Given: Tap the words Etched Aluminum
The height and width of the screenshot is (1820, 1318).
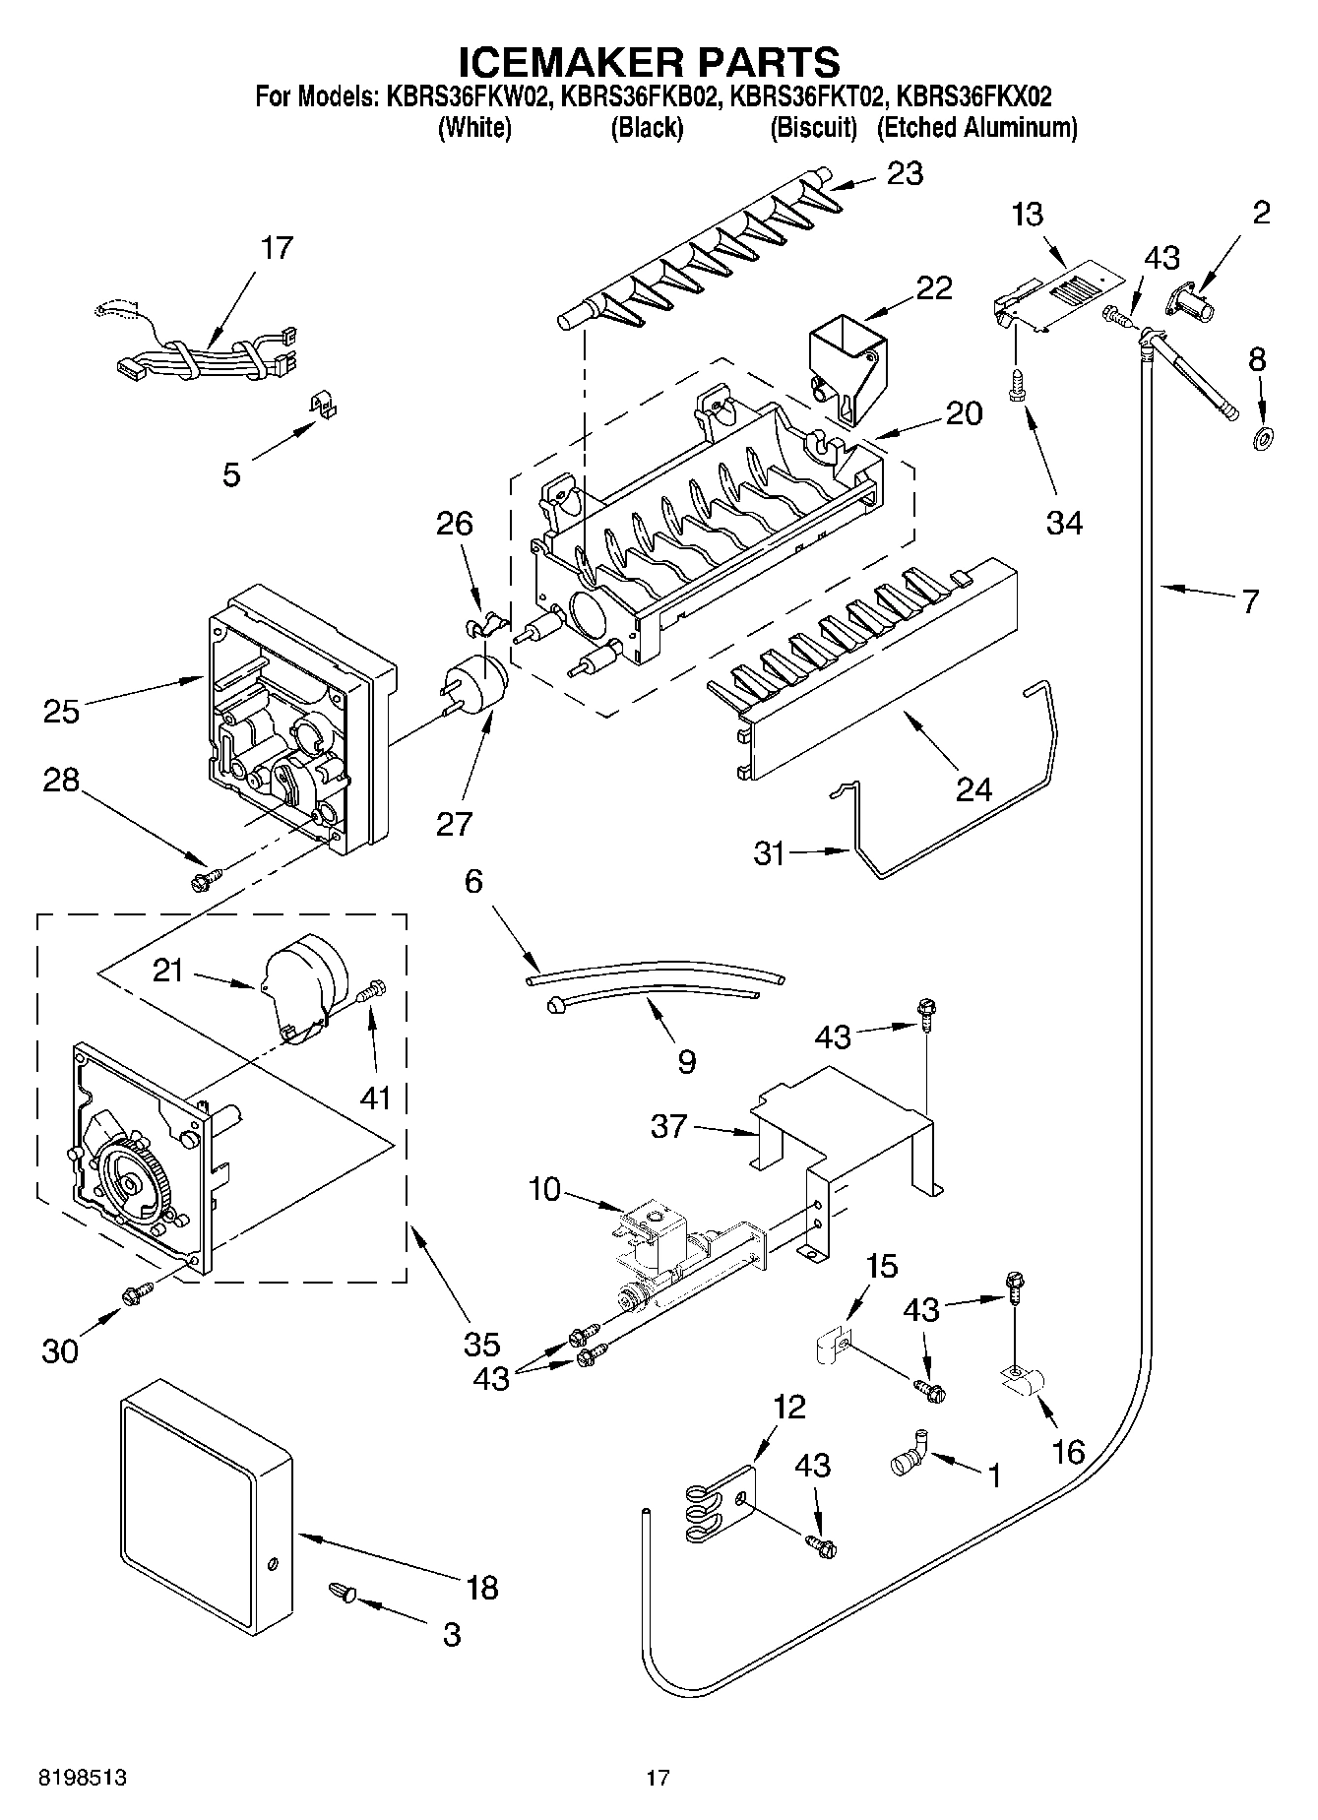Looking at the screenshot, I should (x=976, y=128).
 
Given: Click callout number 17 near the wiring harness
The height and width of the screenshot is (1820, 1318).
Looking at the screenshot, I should (x=277, y=248).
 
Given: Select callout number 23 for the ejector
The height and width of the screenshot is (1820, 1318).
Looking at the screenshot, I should (x=905, y=174).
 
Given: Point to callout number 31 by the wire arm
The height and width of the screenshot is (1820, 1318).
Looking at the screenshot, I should (x=770, y=852).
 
